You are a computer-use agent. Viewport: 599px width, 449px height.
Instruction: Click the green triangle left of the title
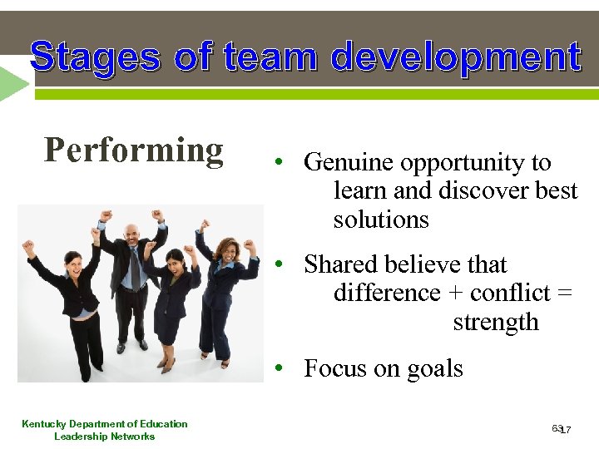tap(13, 83)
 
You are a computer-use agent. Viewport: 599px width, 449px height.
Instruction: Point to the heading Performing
tap(134, 150)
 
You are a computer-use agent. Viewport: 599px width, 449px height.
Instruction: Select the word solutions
tap(381, 220)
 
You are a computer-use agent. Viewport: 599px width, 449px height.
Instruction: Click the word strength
tap(496, 322)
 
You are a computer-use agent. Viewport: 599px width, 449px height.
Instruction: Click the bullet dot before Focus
tap(283, 368)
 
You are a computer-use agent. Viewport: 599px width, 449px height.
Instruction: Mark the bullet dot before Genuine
tap(283, 162)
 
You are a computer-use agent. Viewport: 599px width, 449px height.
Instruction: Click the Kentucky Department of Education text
tap(105, 424)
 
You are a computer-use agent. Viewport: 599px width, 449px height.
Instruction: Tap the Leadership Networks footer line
tap(105, 437)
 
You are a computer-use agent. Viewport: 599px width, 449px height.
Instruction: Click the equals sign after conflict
tap(564, 294)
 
